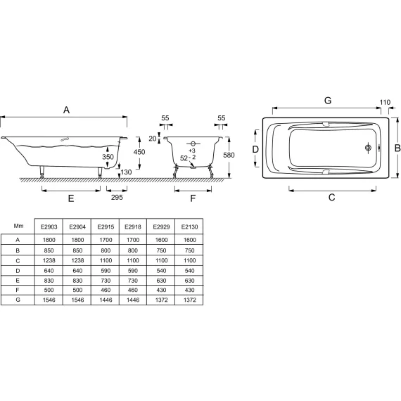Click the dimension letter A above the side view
pyautogui.click(x=67, y=110)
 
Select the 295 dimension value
pyautogui.click(x=117, y=198)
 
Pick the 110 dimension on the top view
pyautogui.click(x=385, y=103)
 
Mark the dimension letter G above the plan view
pyautogui.click(x=327, y=101)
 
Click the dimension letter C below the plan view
pyautogui.click(x=331, y=198)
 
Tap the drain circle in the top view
pyautogui.click(x=367, y=148)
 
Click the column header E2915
pyautogui.click(x=105, y=227)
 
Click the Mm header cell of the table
pyautogui.click(x=18, y=227)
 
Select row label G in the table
pyautogui.click(x=18, y=300)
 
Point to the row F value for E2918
pyautogui.click(x=133, y=289)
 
